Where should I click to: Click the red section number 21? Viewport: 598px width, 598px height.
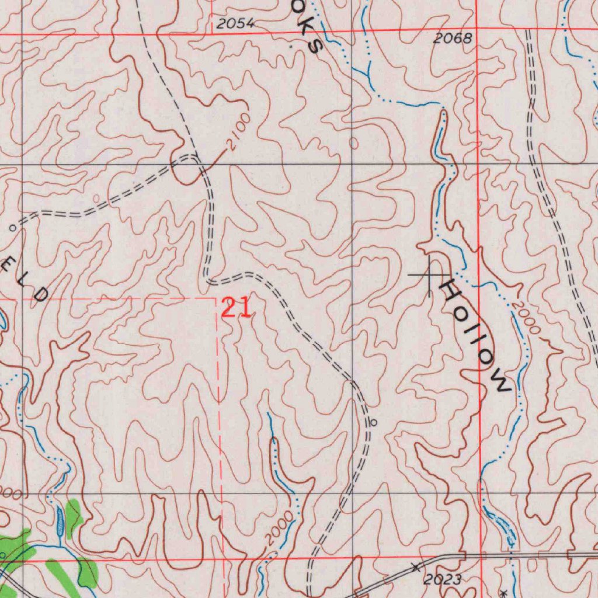(237, 308)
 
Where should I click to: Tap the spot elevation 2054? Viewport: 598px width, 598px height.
(235, 24)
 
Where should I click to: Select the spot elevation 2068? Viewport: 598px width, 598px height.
(453, 39)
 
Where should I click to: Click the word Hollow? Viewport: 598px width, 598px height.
(475, 335)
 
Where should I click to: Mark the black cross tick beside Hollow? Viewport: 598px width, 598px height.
(429, 274)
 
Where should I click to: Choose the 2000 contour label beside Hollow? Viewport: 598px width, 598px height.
(525, 319)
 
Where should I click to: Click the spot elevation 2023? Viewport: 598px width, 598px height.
(442, 579)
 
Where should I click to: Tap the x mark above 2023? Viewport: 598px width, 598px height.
(415, 566)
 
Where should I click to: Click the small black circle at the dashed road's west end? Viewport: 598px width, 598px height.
(12, 229)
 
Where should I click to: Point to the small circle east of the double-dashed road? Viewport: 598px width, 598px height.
(374, 422)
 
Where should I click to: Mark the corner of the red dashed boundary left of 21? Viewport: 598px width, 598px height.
(217, 298)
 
